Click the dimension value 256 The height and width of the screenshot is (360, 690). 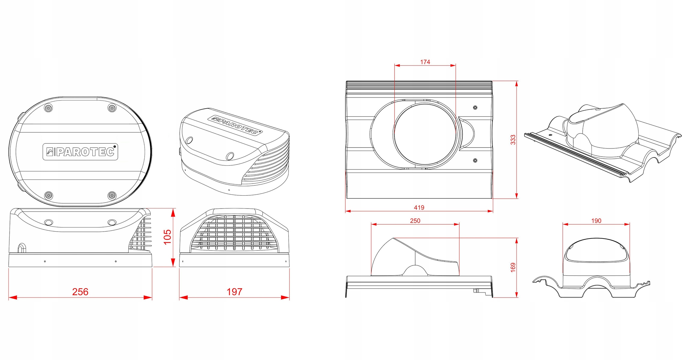[x=80, y=292]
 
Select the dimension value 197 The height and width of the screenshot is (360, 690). [x=234, y=292]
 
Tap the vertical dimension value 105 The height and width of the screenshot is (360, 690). [x=167, y=237]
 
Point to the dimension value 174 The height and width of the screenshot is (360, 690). [x=425, y=62]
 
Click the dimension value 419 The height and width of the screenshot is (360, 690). [x=419, y=207]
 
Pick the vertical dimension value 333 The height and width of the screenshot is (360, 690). [x=513, y=139]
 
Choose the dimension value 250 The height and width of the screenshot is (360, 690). [x=415, y=220]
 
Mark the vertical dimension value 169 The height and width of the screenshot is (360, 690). [x=513, y=267]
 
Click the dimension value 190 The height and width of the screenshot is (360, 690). [x=596, y=220]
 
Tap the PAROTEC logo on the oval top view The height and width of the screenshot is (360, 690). [x=80, y=152]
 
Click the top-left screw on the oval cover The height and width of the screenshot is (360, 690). [x=48, y=108]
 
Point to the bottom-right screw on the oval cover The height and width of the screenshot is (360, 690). [x=112, y=196]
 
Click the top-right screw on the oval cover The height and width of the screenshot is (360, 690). [x=112, y=108]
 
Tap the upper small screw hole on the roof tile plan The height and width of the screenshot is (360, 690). [x=475, y=107]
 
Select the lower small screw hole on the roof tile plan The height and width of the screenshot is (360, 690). [x=475, y=160]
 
